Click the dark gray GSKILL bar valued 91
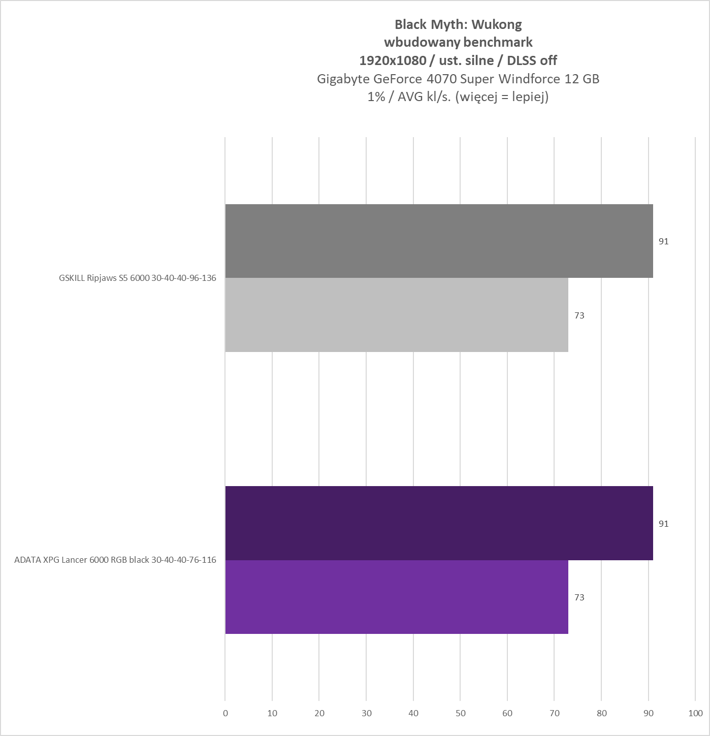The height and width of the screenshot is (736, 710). pos(439,241)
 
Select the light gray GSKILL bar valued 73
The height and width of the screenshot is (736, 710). pos(396,315)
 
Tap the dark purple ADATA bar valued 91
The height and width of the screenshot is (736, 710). pos(439,523)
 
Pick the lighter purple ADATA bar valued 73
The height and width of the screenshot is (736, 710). pos(396,597)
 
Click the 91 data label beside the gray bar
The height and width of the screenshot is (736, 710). pos(663,241)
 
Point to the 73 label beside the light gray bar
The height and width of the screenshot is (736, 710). pos(579,315)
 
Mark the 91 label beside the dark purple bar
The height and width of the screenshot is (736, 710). pos(663,524)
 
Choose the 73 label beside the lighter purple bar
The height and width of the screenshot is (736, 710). pos(579,597)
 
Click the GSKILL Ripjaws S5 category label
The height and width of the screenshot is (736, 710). pos(137,278)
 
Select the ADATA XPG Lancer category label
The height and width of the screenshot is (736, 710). pos(115,560)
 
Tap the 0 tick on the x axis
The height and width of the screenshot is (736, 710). pos(225,713)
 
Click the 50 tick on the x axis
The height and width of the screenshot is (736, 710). pos(460,713)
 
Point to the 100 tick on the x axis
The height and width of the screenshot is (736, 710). pos(695,713)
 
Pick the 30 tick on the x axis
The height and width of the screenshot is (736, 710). pos(366,713)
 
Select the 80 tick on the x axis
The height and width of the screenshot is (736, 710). pos(601,713)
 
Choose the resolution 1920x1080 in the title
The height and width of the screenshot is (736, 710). pos(392,60)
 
